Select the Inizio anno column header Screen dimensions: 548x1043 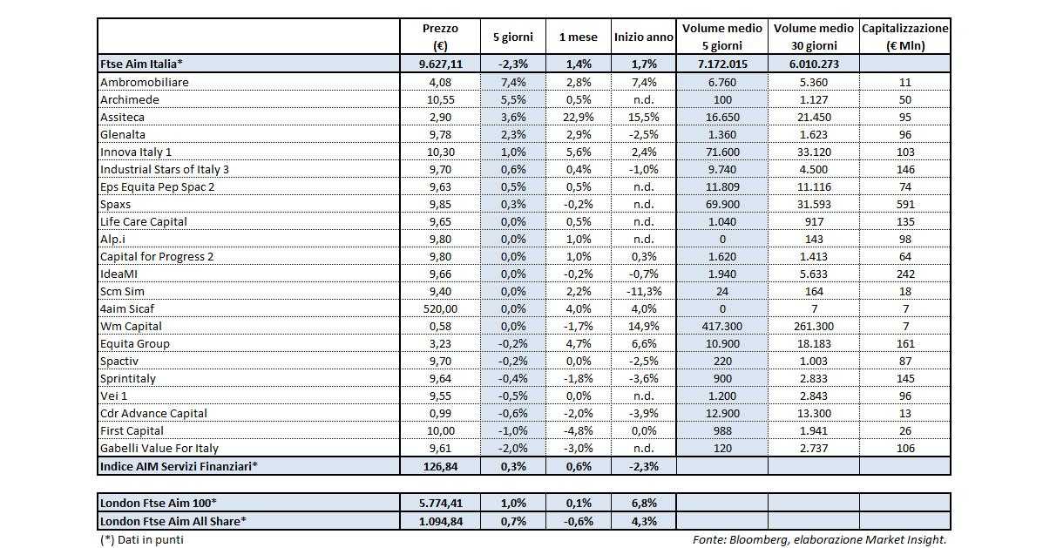pyautogui.click(x=643, y=37)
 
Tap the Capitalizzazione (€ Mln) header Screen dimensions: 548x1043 pyautogui.click(x=904, y=37)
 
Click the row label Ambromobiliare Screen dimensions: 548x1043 pyautogui.click(x=145, y=82)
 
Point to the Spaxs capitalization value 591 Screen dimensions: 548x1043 pyautogui.click(x=905, y=204)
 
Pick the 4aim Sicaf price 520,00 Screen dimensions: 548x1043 pyautogui.click(x=439, y=308)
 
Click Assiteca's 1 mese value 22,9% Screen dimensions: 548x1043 pyautogui.click(x=578, y=117)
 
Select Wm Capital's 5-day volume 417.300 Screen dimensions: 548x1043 pyautogui.click(x=721, y=326)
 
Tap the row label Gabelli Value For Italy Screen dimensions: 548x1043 pyautogui.click(x=159, y=448)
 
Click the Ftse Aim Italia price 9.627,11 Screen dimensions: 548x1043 pyautogui.click(x=439, y=64)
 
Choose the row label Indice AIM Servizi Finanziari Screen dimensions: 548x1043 pyautogui.click(x=179, y=466)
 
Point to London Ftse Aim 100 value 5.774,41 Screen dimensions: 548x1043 pyautogui.click(x=439, y=503)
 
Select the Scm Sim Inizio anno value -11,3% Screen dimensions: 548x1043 pyautogui.click(x=643, y=291)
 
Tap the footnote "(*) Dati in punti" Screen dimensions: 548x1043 pyautogui.click(x=142, y=539)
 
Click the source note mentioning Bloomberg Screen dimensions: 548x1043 pyautogui.click(x=819, y=539)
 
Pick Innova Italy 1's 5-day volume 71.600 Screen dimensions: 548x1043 pyautogui.click(x=721, y=152)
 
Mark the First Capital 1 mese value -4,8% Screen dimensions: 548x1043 pyautogui.click(x=578, y=430)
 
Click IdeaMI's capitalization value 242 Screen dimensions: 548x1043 pyautogui.click(x=905, y=274)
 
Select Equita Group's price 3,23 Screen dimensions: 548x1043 pyautogui.click(x=439, y=343)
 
